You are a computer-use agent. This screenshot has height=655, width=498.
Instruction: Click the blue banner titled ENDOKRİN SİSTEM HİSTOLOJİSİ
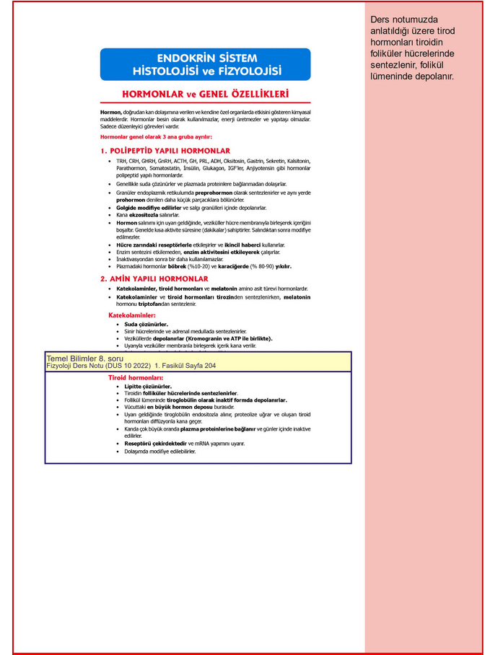tap(205, 64)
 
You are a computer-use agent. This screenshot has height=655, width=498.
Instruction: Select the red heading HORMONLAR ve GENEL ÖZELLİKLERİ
tap(205, 94)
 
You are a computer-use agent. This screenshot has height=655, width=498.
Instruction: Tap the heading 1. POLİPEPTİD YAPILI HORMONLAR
tap(165, 151)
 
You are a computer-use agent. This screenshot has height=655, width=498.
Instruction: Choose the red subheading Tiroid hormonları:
tap(136, 377)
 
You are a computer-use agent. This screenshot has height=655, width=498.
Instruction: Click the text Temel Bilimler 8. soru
tap(85, 359)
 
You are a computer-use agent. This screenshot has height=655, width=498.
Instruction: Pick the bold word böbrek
tap(177, 266)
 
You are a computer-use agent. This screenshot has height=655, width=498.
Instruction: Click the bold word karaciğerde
tap(232, 266)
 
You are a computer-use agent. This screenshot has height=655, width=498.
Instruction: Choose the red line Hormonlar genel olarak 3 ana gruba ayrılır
tap(156, 136)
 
